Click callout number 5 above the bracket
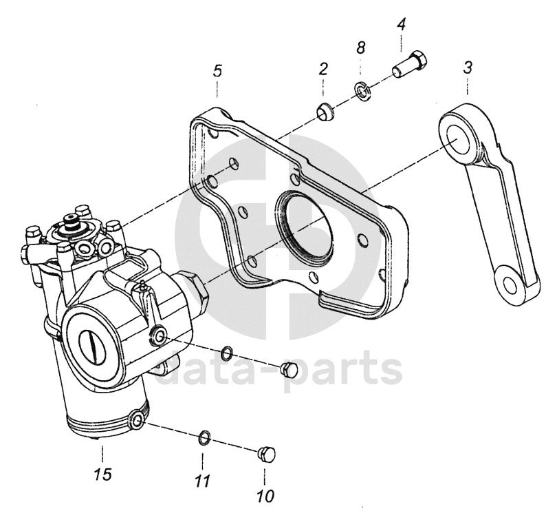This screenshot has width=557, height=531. click(x=217, y=70)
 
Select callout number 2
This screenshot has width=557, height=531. click(x=323, y=69)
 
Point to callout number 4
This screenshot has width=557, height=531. click(x=402, y=25)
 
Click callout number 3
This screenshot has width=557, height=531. click(x=467, y=68)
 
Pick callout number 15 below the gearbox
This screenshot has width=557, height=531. click(x=102, y=475)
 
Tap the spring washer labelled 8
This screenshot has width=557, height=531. click(x=360, y=90)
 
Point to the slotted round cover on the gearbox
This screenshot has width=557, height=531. click(x=92, y=340)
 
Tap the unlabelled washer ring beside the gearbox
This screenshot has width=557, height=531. click(x=226, y=355)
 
